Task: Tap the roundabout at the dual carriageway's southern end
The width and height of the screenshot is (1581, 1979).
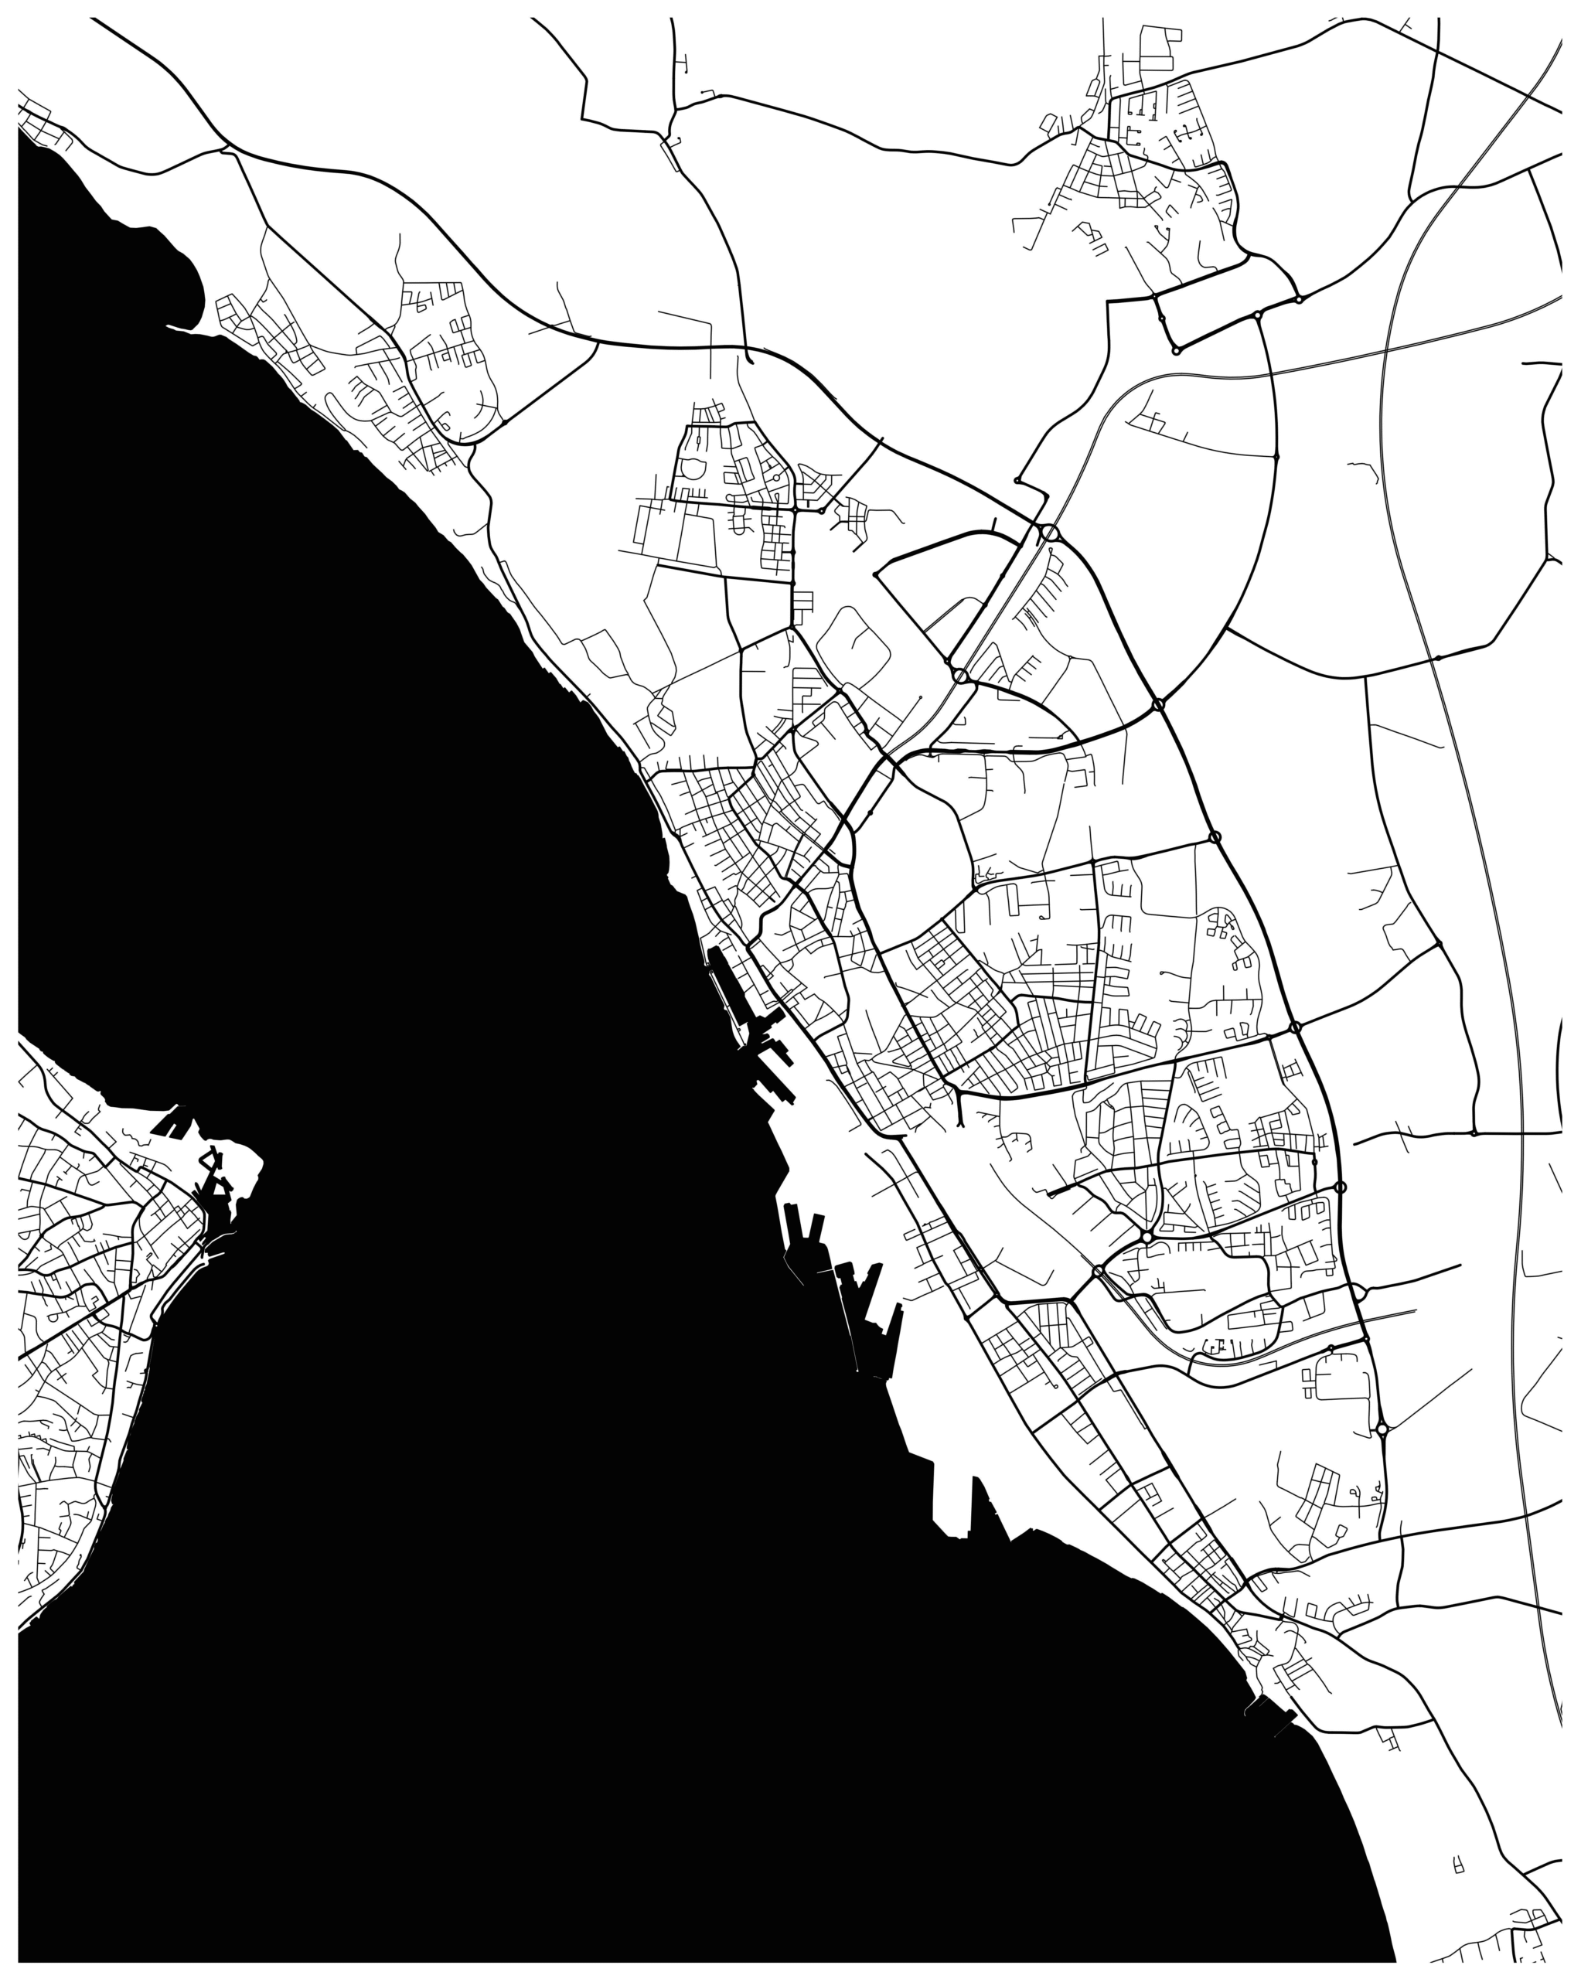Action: coord(960,676)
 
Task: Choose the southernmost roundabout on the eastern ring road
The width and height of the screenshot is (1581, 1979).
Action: coord(1382,1455)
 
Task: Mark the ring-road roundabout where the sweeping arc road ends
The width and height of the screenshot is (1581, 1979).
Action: coord(1159,704)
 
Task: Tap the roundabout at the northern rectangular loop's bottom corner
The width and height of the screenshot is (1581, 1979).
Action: coord(1176,351)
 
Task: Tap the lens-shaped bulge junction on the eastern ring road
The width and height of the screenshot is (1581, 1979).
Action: coord(1360,1293)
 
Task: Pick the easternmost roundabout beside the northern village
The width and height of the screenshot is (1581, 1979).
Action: coord(1298,299)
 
